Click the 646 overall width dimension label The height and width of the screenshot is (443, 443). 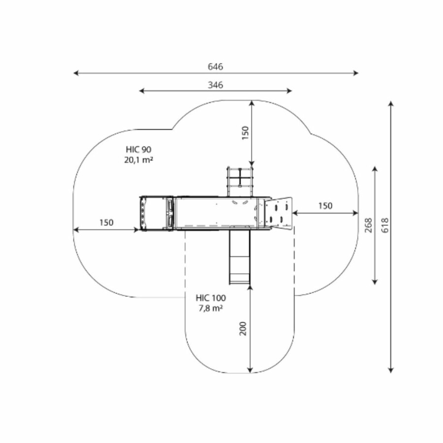[215, 66]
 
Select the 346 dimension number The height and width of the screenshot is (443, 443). [215, 85]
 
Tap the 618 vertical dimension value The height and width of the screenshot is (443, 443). [385, 225]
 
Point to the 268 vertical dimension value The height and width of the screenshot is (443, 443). [368, 225]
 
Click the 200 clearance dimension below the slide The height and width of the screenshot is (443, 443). [243, 328]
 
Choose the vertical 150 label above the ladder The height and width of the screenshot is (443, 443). [245, 133]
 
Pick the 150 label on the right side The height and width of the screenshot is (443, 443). [325, 206]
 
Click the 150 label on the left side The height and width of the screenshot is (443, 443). [106, 222]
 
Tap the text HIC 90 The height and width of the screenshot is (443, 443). [138, 149]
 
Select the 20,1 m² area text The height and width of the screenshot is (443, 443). [138, 159]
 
